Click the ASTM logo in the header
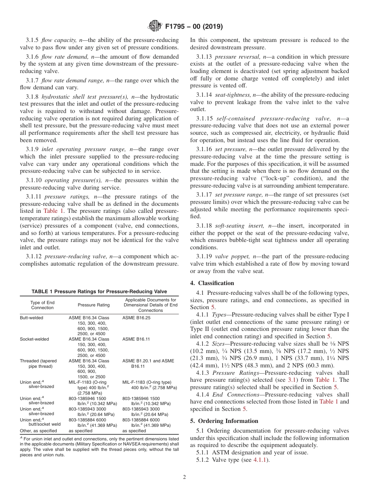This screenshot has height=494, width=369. coord(155,26)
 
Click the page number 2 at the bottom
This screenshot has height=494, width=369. coord(184,477)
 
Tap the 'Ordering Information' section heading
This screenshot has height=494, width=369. coord(224,421)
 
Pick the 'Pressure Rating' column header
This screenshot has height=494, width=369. coord(94,305)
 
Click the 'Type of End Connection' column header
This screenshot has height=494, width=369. coord(42,305)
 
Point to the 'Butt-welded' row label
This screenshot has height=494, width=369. coord(31,318)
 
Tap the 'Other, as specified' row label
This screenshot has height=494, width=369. coord(38,431)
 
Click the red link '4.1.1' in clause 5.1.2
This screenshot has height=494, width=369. coord(260,460)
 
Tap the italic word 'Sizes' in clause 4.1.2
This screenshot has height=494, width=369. coord(221,344)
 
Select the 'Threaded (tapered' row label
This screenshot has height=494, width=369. coord(38,361)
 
